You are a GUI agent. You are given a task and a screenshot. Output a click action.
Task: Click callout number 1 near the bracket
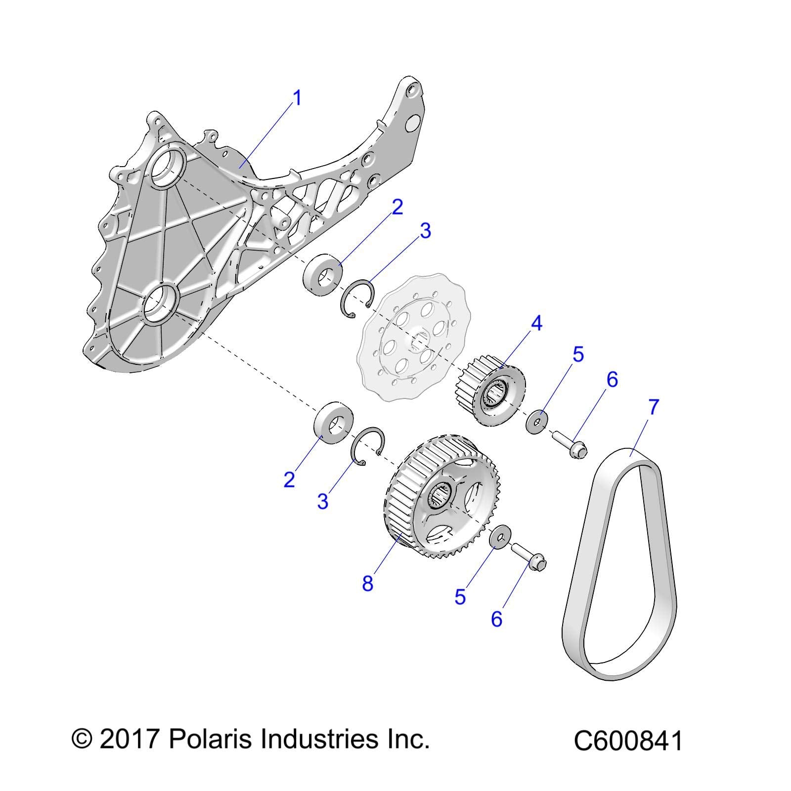point(297,99)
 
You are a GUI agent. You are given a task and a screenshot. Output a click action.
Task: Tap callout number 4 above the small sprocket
point(536,324)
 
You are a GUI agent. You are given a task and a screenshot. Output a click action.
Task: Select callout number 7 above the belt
point(653,407)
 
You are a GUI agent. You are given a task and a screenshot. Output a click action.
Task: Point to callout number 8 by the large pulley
point(367,584)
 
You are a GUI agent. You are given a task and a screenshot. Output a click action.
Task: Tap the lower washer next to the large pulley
point(499,537)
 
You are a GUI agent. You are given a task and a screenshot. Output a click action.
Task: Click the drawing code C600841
point(628,742)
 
